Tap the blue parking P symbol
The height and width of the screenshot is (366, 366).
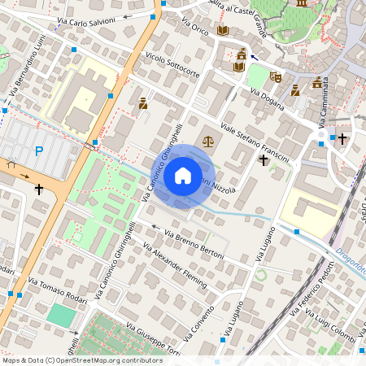38,150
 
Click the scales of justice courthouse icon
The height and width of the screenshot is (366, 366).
208,141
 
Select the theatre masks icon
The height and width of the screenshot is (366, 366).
276,77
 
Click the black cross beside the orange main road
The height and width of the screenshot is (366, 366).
38,189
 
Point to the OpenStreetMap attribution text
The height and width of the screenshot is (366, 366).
81,359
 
